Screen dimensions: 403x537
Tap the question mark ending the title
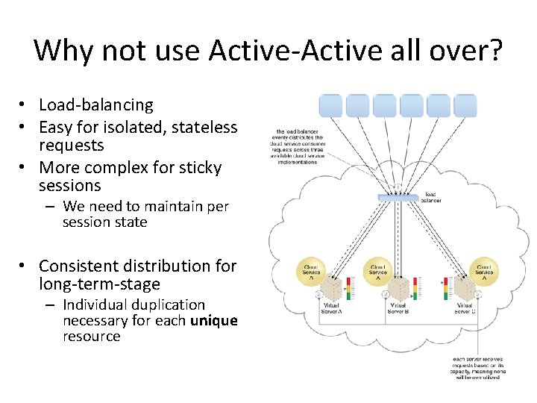(x=495, y=51)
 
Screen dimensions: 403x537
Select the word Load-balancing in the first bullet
(x=95, y=105)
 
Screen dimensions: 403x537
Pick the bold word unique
(x=214, y=320)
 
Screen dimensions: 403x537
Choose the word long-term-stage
(x=99, y=284)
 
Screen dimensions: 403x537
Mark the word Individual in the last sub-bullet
(x=95, y=304)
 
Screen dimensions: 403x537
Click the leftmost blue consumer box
(x=330, y=106)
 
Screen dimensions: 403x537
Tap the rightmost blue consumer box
(x=465, y=106)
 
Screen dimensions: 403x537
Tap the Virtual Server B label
(x=398, y=309)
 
